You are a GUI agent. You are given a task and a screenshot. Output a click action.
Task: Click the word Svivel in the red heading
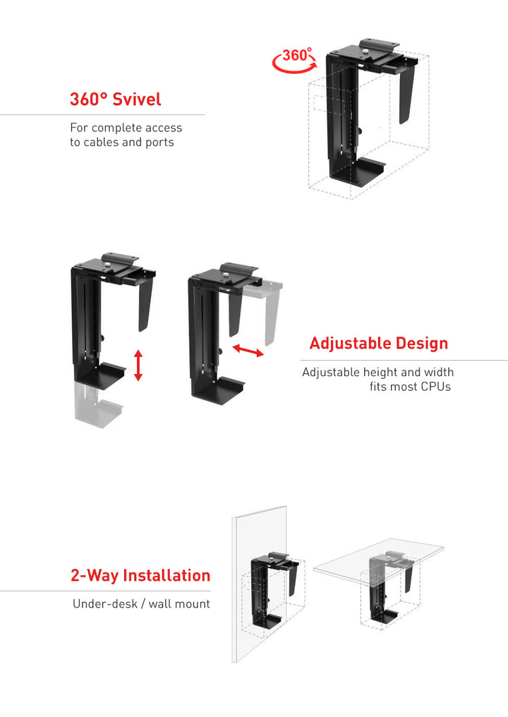click(x=137, y=99)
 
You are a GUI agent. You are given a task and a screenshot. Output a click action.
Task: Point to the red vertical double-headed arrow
click(x=138, y=365)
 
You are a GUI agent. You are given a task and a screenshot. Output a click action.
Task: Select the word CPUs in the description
click(x=435, y=387)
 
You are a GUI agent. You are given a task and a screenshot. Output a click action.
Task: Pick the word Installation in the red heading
click(x=167, y=575)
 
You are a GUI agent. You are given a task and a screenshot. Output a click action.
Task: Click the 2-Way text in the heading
click(x=95, y=575)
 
